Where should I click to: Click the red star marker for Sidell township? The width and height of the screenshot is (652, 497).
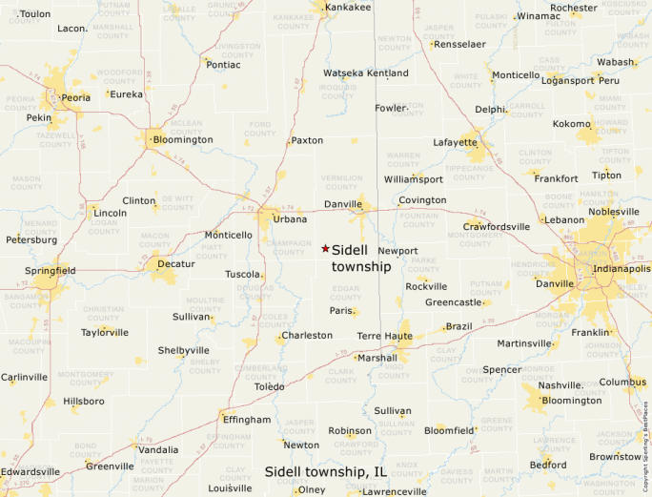point(325,248)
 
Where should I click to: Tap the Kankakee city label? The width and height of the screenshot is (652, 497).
point(348,8)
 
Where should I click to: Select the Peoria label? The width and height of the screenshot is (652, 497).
point(76,97)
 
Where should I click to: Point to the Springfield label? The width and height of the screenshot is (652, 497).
point(51,271)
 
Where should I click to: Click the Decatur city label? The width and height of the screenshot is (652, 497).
point(176,263)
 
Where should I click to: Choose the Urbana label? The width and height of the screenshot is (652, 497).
point(291,219)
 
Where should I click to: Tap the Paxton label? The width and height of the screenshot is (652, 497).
point(307,140)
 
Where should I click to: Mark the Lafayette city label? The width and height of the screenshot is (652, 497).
point(455,142)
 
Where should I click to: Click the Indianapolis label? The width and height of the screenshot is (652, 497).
point(621,269)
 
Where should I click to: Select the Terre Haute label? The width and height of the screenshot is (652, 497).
point(384,337)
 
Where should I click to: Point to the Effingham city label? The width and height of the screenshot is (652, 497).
point(246,419)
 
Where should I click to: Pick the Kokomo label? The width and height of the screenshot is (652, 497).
point(572,124)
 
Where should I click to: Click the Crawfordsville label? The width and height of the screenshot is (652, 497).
point(496,227)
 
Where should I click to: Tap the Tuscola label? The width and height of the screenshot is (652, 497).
point(242,274)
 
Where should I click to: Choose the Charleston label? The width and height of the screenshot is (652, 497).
point(307,336)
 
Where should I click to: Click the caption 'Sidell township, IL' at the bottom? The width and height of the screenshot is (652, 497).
point(325,471)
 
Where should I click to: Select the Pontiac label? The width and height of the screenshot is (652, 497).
point(223,65)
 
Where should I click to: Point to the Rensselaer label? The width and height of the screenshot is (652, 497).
point(459,44)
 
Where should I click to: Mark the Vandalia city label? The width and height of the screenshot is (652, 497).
point(158,449)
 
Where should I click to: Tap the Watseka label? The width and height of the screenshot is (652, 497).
point(343,73)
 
